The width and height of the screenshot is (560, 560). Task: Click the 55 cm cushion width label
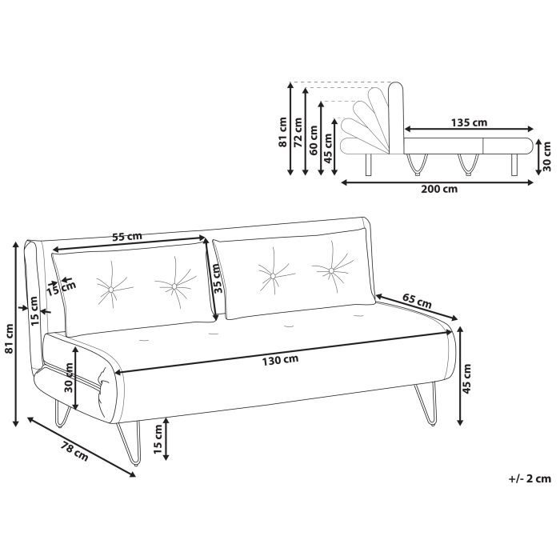[x=126, y=237]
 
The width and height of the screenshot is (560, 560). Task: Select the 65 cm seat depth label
[x=416, y=302]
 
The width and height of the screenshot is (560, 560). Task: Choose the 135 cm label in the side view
[x=469, y=122]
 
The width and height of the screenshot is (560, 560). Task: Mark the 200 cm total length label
[x=439, y=190]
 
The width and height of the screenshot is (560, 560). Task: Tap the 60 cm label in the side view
[x=314, y=141]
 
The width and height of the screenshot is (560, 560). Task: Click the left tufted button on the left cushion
[x=108, y=289]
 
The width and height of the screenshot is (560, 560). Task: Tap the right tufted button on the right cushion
[x=331, y=271]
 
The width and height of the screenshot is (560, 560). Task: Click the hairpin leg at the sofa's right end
[x=424, y=402]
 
